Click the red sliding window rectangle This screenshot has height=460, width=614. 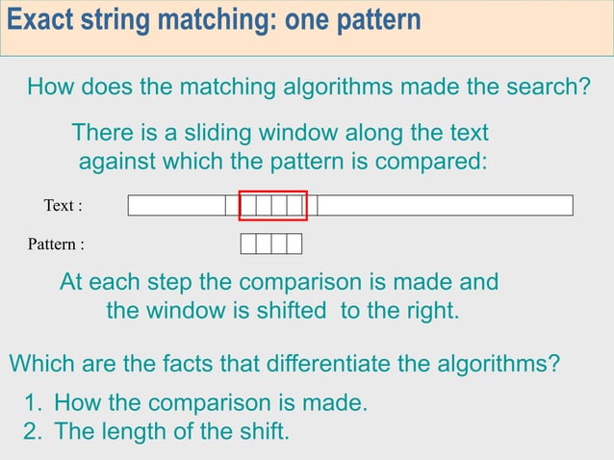click(x=273, y=192)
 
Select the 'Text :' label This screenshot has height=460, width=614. click(x=64, y=206)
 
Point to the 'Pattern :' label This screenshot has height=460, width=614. click(x=56, y=244)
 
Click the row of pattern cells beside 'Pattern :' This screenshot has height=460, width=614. click(x=270, y=243)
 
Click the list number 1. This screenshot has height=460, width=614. click(x=30, y=402)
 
